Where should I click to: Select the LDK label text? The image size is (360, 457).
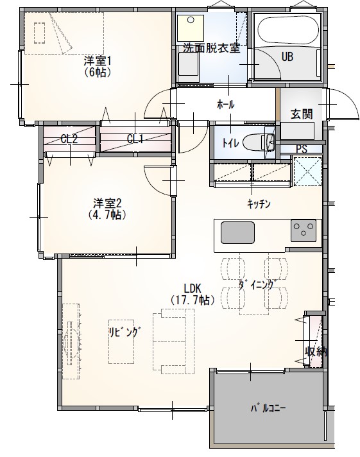[x=192, y=288]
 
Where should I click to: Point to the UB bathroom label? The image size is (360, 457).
[x=287, y=57]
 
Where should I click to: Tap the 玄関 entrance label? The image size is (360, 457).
[x=301, y=114]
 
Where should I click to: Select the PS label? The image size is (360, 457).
[x=302, y=149]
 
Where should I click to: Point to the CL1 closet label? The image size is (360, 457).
[x=135, y=139]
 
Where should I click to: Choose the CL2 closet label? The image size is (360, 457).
[x=69, y=139]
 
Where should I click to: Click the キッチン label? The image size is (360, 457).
[x=259, y=204]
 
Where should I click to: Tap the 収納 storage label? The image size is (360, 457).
[x=316, y=351]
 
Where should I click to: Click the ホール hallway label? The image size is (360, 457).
[x=226, y=104]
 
